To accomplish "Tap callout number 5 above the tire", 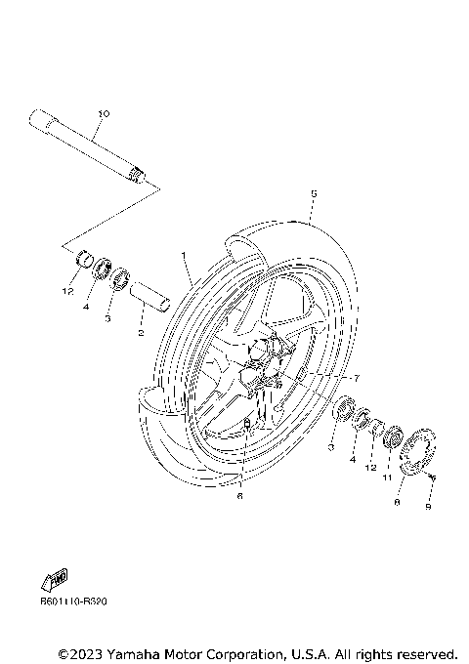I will point(312,194).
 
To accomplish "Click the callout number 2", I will point(141,332).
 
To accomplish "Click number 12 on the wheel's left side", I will point(67,291).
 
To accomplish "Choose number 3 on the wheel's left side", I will point(107,318).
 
